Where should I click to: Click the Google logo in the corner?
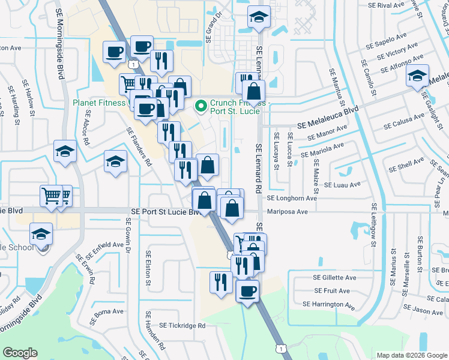[20, 353]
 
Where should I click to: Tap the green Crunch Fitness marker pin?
[201, 107]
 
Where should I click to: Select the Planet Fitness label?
[100, 103]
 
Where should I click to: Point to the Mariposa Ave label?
[287, 212]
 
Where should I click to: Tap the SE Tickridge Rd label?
[182, 326]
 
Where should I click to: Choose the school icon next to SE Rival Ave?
[259, 19]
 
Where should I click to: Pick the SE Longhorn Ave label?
[292, 198]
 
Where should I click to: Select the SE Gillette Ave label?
[334, 278]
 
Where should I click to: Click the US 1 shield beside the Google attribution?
[280, 349]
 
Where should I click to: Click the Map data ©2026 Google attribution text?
[411, 355]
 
